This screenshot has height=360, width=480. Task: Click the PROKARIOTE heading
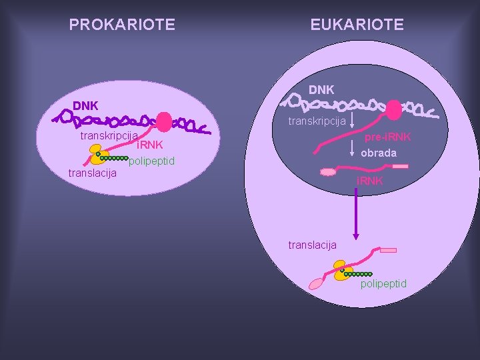(122, 25)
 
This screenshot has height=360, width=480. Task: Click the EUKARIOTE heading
(357, 25)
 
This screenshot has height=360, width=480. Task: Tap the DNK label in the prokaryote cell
(85, 105)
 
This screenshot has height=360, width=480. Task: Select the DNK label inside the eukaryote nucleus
(321, 89)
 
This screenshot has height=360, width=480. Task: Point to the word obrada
(379, 153)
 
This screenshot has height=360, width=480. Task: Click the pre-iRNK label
(387, 137)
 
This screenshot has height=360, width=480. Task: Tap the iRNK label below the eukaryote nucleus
(369, 181)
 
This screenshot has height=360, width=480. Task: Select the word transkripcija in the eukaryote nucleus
(317, 121)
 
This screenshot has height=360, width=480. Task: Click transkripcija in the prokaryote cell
(108, 135)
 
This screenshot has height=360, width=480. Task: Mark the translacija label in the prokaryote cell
(93, 173)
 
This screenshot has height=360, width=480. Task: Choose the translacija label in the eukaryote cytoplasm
(312, 245)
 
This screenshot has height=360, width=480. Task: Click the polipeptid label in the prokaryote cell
(152, 161)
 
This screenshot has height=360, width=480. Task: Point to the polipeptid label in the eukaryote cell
(383, 284)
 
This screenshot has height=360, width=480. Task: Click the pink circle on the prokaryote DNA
(163, 122)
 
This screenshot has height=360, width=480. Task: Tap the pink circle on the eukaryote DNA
(395, 109)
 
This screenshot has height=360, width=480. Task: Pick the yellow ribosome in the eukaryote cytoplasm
(343, 271)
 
